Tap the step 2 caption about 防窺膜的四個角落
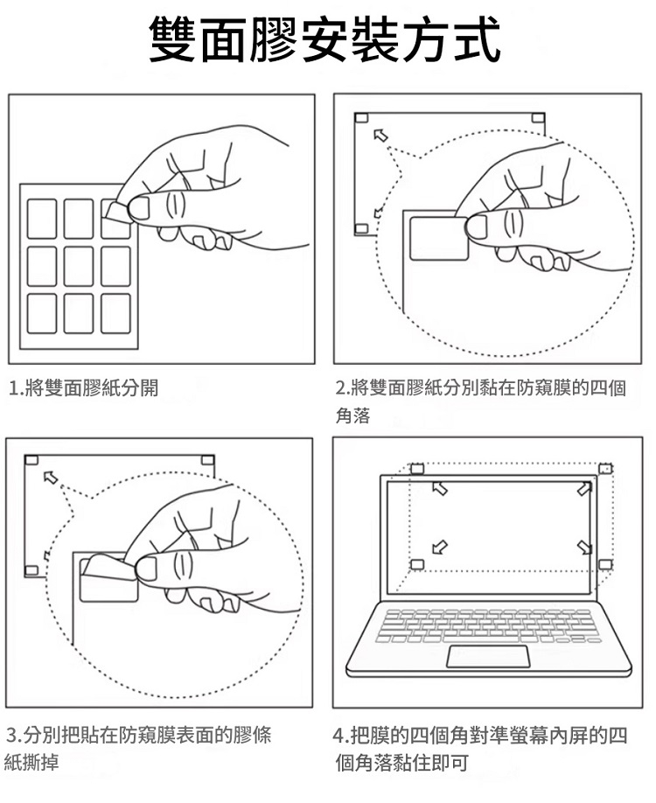click(481, 401)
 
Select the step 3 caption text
click(140, 746)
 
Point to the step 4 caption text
click(481, 747)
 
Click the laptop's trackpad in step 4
click(488, 658)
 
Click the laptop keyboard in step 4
click(488, 626)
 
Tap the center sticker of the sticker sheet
click(79, 266)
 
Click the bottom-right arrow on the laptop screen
click(583, 548)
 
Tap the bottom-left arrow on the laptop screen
click(440, 548)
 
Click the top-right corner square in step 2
click(539, 118)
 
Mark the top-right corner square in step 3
click(207, 459)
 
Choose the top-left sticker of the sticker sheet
click(42, 218)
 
